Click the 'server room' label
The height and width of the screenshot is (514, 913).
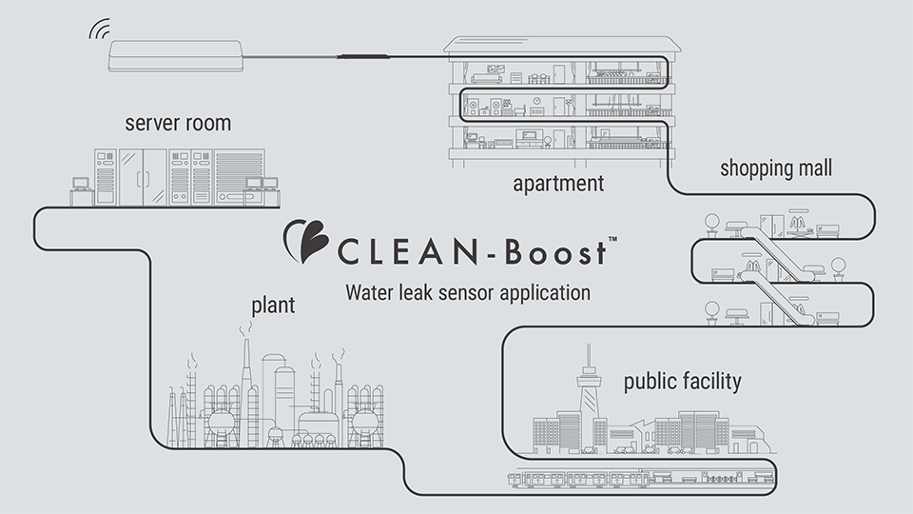click(178, 124)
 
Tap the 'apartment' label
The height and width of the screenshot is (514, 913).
click(558, 183)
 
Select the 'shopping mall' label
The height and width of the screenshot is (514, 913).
click(776, 168)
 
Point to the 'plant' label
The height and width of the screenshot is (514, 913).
click(273, 306)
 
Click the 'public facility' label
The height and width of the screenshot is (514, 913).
click(682, 383)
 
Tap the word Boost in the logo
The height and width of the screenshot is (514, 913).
click(554, 254)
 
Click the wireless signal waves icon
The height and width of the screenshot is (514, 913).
click(100, 30)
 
